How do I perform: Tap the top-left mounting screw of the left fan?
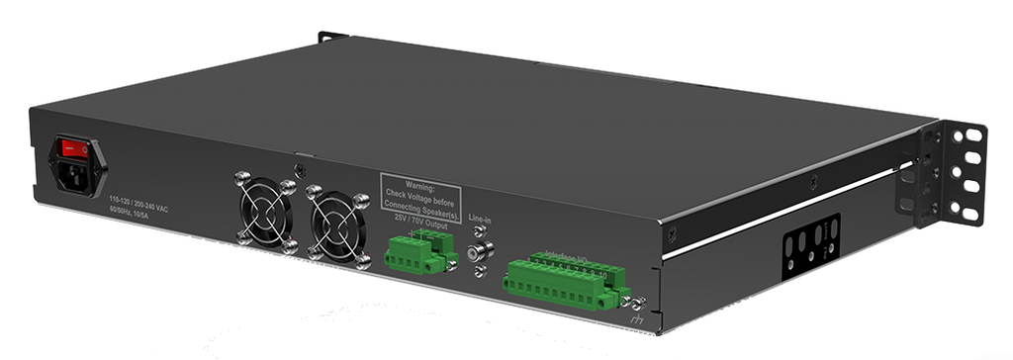pyautogui.click(x=238, y=179)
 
